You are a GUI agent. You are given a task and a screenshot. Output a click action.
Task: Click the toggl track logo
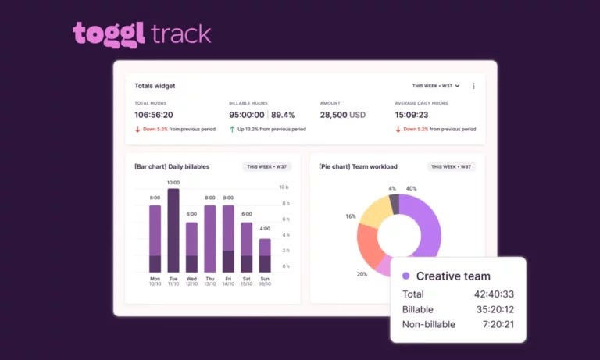click(141, 34)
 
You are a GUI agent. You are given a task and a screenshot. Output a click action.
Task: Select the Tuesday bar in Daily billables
click(173, 230)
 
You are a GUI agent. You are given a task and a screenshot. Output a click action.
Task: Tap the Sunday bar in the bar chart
click(265, 255)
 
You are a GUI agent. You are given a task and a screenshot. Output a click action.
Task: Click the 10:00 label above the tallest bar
click(173, 183)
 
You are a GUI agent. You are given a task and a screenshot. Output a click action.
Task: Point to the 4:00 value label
click(265, 228)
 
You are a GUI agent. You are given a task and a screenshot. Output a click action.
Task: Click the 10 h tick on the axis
click(284, 187)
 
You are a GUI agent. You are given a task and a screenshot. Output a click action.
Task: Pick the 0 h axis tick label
click(286, 266)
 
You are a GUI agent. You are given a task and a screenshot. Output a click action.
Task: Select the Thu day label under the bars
click(210, 279)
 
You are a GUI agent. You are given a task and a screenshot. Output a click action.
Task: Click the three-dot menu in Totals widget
click(473, 86)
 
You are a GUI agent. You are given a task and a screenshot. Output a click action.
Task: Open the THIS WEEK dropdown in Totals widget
click(435, 86)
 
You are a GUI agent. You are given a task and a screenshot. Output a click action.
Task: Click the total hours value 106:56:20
click(154, 115)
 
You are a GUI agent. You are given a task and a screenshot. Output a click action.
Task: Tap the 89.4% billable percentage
click(283, 115)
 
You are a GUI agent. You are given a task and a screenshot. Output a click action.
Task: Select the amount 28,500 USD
click(342, 115)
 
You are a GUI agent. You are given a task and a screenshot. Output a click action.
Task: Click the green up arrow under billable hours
click(232, 130)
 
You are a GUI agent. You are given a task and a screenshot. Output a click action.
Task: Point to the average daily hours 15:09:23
click(412, 115)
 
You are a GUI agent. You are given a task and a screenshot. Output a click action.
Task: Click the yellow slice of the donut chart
click(376, 211)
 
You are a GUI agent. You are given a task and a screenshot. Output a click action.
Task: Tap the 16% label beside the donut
click(351, 216)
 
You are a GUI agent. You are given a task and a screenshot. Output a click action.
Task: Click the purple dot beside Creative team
click(406, 276)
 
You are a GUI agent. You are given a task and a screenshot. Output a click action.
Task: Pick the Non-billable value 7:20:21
click(498, 324)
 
